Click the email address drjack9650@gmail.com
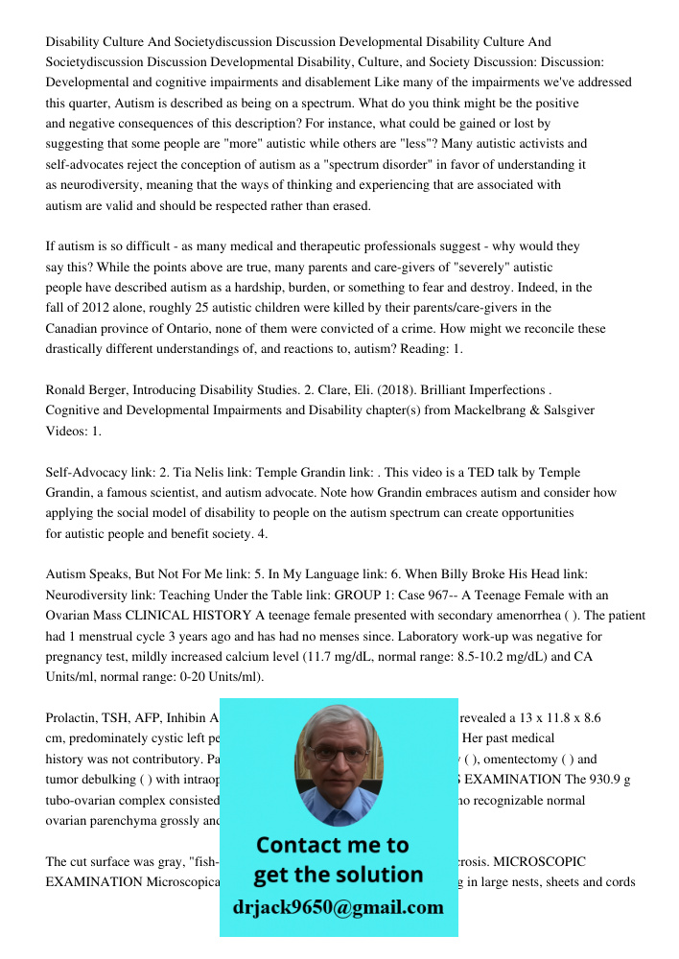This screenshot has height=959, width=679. (338, 907)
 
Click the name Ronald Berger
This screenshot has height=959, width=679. (86, 389)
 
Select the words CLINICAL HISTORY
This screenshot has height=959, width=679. (262, 615)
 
